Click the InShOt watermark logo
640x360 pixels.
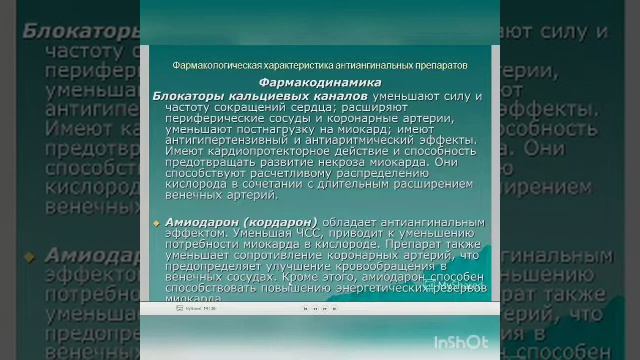pyautogui.click(x=461, y=342)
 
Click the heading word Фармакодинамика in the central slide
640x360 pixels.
pyautogui.click(x=319, y=82)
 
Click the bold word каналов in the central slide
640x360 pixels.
pyautogui.click(x=326, y=94)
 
